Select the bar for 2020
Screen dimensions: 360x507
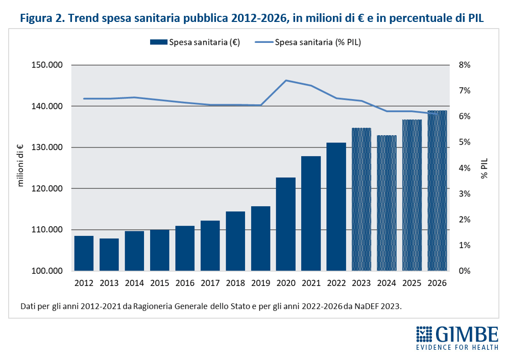click(286, 224)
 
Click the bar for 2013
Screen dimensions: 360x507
click(109, 254)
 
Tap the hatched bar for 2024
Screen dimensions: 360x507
click(387, 203)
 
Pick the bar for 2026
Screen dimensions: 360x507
click(437, 190)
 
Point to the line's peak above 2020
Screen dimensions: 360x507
click(286, 80)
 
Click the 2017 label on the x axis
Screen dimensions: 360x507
click(210, 282)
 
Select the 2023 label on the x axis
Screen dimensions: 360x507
click(361, 282)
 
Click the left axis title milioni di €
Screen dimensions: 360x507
click(21, 165)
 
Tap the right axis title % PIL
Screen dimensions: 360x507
click(484, 168)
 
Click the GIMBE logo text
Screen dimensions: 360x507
click(467, 334)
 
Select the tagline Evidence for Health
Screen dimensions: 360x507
click(457, 348)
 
